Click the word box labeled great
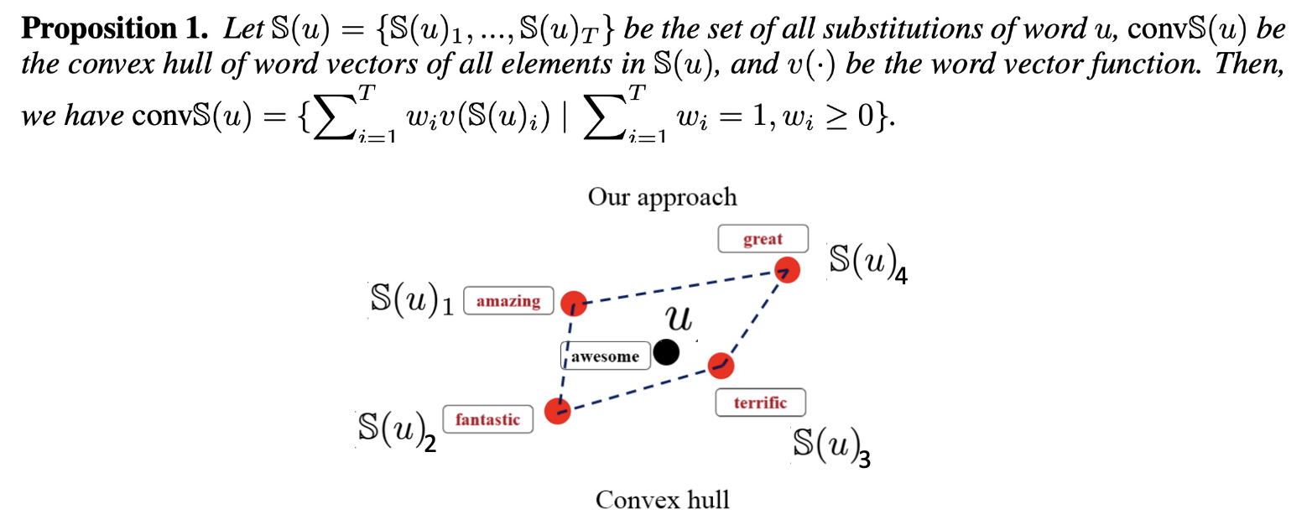pyautogui.click(x=763, y=239)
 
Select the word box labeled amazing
pyautogui.click(x=508, y=301)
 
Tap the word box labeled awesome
pyautogui.click(x=605, y=356)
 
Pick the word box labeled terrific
pyautogui.click(x=760, y=403)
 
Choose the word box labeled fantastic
pyautogui.click(x=487, y=419)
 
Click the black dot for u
pyautogui.click(x=667, y=353)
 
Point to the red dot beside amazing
pyautogui.click(x=574, y=304)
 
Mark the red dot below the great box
pyautogui.click(x=787, y=270)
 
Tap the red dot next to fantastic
pyautogui.click(x=558, y=411)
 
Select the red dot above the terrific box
pyautogui.click(x=721, y=366)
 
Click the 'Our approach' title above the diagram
pyautogui.click(x=662, y=197)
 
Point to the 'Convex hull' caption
pyautogui.click(x=662, y=501)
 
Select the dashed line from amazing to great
pyautogui.click(x=679, y=287)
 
